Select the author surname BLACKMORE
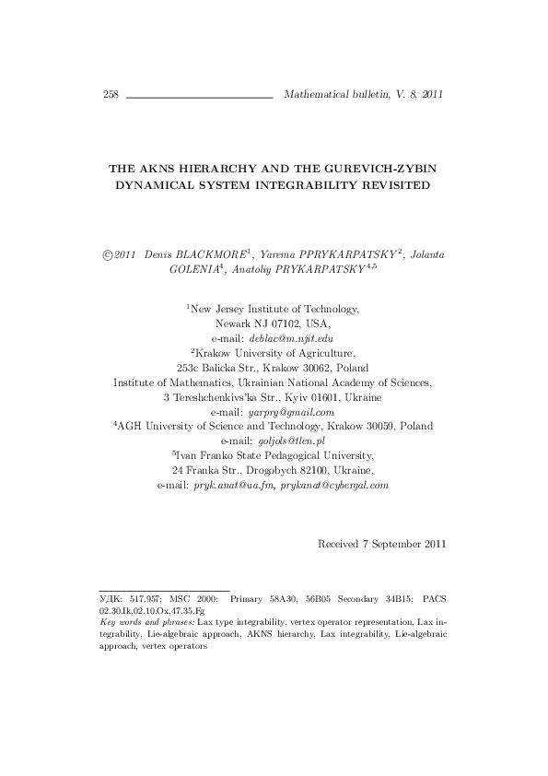click(221, 253)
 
